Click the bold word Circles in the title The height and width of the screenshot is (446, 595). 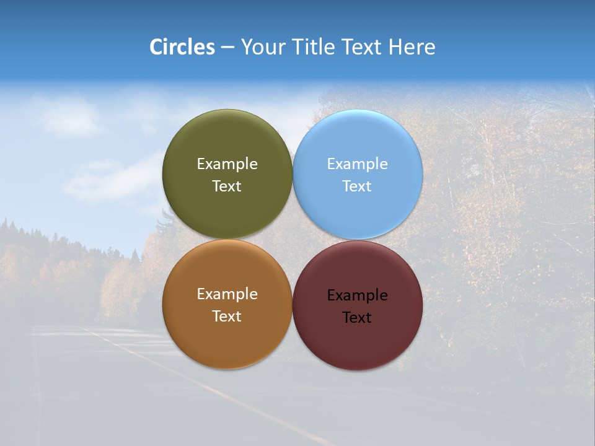click(182, 47)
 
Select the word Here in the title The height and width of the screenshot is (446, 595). click(412, 47)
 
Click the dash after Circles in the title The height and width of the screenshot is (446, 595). click(227, 48)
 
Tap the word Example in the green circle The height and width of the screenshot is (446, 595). click(227, 164)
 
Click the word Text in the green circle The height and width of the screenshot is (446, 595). click(227, 186)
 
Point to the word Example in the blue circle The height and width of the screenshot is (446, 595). click(357, 164)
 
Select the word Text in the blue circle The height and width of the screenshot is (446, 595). click(357, 186)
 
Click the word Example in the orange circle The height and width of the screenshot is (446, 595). click(227, 294)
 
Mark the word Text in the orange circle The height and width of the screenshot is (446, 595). click(227, 317)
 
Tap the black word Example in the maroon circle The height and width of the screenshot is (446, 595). click(357, 295)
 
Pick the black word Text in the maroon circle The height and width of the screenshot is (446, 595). click(357, 318)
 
